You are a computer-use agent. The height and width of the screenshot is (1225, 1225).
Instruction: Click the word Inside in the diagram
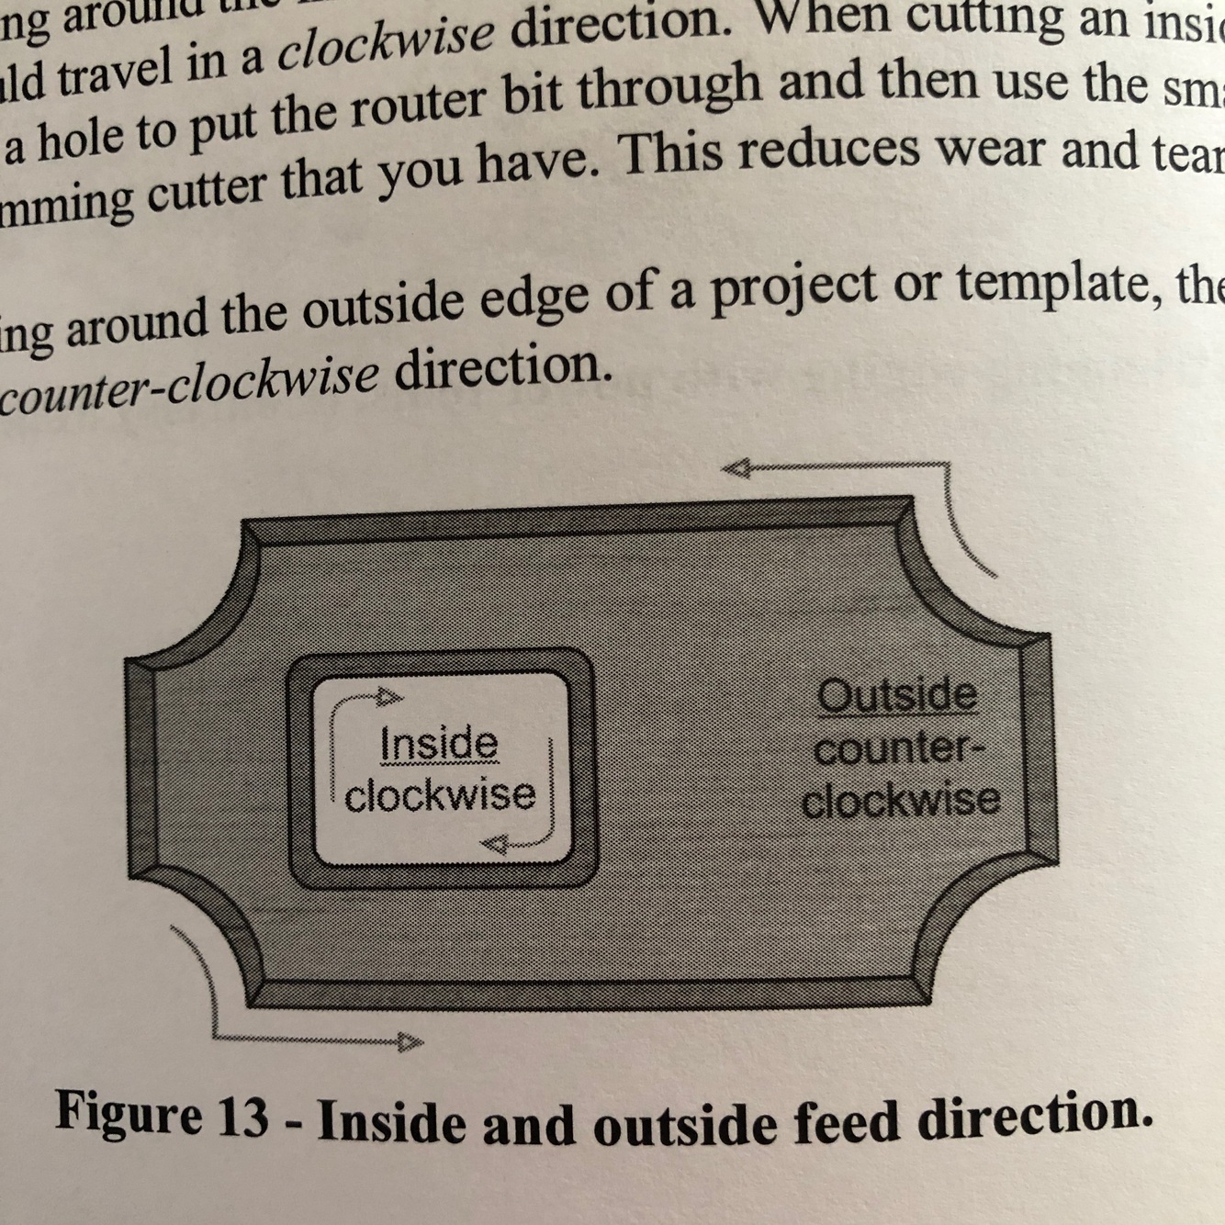[x=438, y=743]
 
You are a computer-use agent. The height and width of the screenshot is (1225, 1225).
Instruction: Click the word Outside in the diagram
[x=897, y=695]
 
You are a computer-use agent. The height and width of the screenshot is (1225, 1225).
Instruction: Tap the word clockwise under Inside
[x=440, y=794]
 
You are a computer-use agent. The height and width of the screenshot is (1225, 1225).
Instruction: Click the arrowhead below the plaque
[x=410, y=1041]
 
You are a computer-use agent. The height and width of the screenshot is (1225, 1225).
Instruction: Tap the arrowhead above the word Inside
[x=390, y=696]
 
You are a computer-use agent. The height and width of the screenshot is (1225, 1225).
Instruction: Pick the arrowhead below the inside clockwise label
[x=495, y=844]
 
